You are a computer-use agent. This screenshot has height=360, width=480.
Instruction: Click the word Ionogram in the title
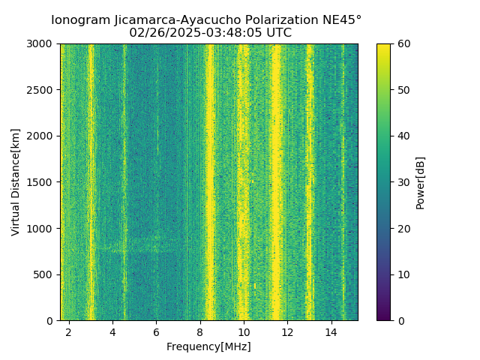(80, 20)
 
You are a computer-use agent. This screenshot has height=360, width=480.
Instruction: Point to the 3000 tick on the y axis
(43, 44)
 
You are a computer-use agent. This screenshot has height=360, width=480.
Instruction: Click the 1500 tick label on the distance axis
(43, 182)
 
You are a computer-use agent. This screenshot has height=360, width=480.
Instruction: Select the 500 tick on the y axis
(46, 274)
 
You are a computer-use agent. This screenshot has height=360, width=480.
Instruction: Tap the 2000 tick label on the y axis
(43, 136)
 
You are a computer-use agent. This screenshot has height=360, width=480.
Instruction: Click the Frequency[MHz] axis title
(208, 346)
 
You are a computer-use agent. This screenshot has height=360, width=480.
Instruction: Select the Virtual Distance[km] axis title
(16, 182)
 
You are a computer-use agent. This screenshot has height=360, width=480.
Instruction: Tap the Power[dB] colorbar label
(421, 182)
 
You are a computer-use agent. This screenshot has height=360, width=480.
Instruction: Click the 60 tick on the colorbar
(404, 44)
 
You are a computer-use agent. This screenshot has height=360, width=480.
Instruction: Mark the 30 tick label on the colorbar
(404, 182)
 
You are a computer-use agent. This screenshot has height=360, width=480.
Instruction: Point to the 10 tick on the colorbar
(404, 274)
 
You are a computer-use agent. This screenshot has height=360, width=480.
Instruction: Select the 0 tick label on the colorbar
(401, 320)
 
